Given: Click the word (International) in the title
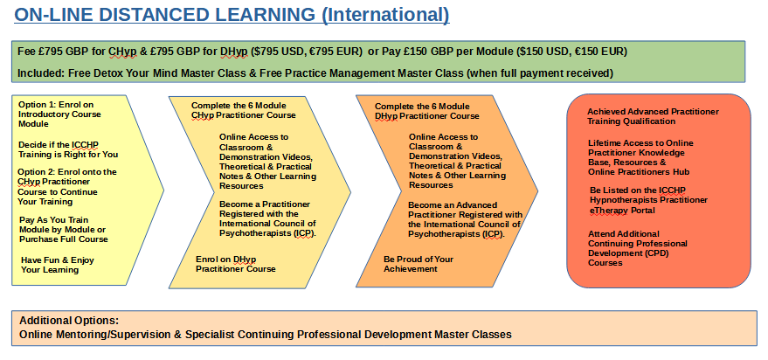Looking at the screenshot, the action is [385, 15].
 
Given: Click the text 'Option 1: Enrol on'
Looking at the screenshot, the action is [56, 105].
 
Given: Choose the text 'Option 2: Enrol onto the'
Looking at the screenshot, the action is [67, 172].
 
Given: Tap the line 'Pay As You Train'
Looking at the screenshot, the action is [54, 220].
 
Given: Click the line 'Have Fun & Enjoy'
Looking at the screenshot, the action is [58, 260].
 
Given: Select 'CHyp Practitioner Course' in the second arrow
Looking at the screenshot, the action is [244, 115].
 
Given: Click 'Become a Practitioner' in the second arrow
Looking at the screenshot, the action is [265, 204].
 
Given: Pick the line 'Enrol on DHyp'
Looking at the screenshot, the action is [225, 260].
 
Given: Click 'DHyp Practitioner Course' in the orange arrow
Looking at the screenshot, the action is [426, 116].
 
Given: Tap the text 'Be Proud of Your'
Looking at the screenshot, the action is [419, 260].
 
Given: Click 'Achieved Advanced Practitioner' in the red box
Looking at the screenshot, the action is [654, 112].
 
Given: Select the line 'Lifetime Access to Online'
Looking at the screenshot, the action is [640, 143].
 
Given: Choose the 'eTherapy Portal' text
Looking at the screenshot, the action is [623, 211].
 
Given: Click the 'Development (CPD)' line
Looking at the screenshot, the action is [628, 253].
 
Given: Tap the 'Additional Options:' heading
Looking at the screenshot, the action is [69, 322].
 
